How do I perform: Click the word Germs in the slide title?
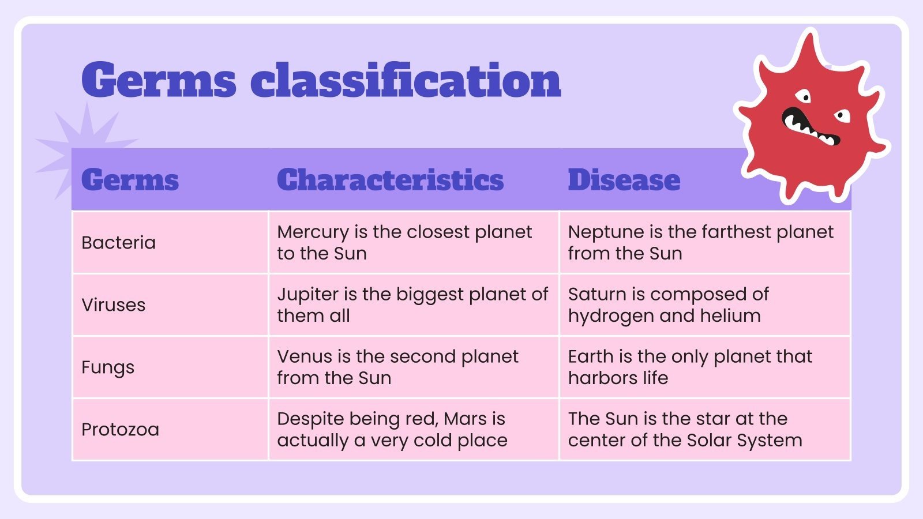pos(159,81)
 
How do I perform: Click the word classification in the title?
pos(406,81)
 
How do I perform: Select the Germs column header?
pos(130,180)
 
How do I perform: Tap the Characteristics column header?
pos(390,180)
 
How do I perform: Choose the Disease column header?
pos(624,180)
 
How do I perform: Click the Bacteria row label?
pos(118,243)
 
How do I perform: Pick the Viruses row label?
pos(114,305)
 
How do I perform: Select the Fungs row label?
pos(108,367)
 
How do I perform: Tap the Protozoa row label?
pos(120,430)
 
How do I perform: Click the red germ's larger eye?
pos(802,96)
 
